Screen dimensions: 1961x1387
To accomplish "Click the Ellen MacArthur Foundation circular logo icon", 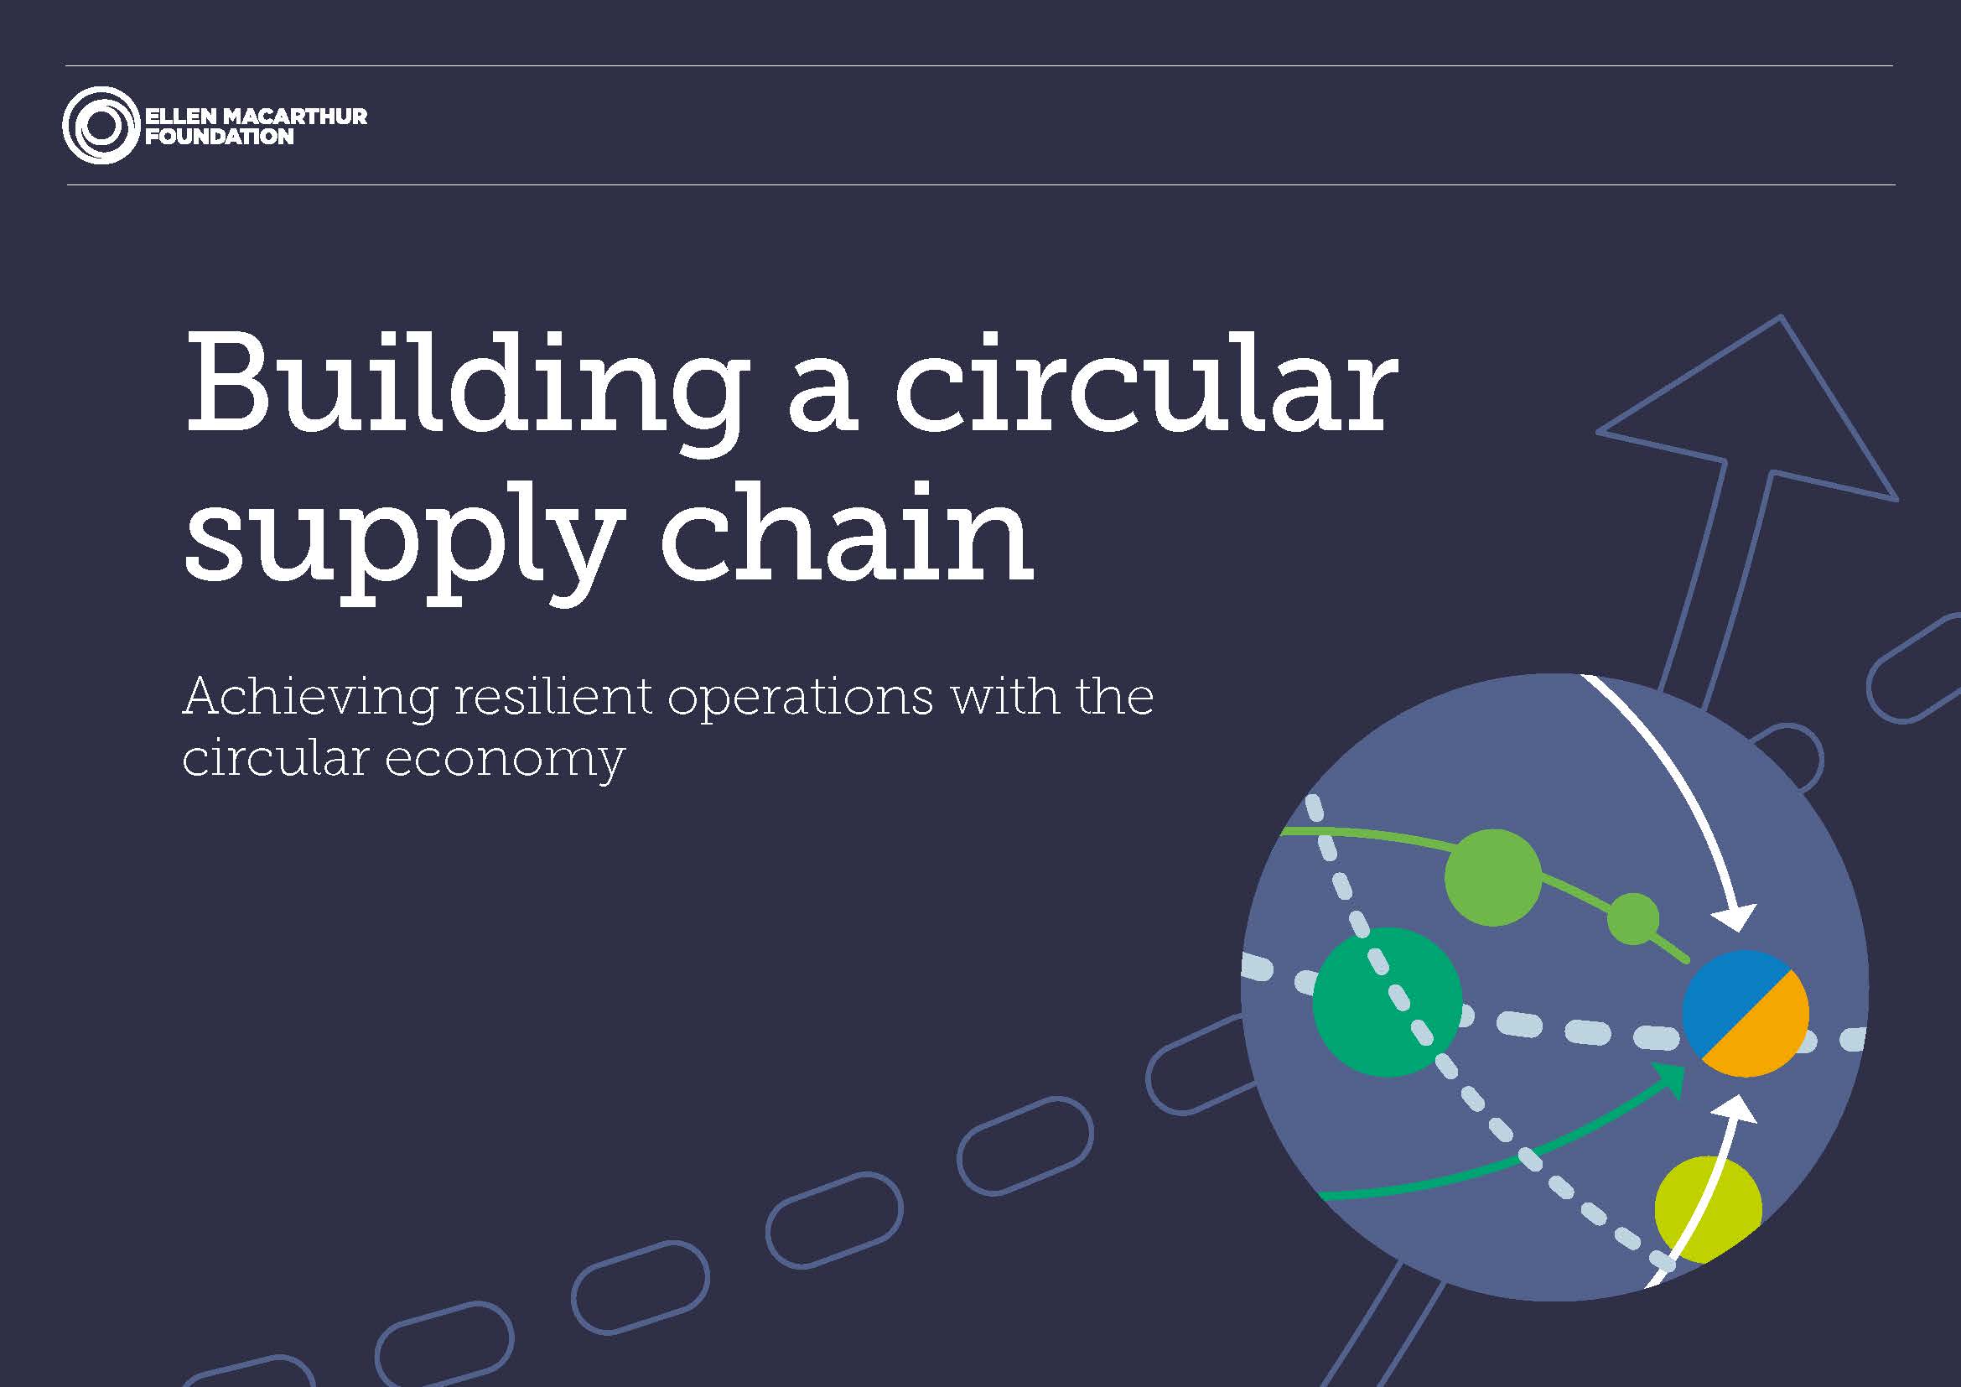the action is pos(101,126).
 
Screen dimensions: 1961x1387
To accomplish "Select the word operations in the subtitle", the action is pos(802,699).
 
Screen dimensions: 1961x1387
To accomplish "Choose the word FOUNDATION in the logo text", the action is pos(220,137).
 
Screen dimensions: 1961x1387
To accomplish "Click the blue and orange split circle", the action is pos(1745,1013).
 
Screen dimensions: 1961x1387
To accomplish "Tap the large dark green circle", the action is pos(1387,1002).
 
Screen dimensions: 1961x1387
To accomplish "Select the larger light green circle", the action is pos(1493,877).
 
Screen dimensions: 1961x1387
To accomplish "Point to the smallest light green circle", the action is pos(1633,919).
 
